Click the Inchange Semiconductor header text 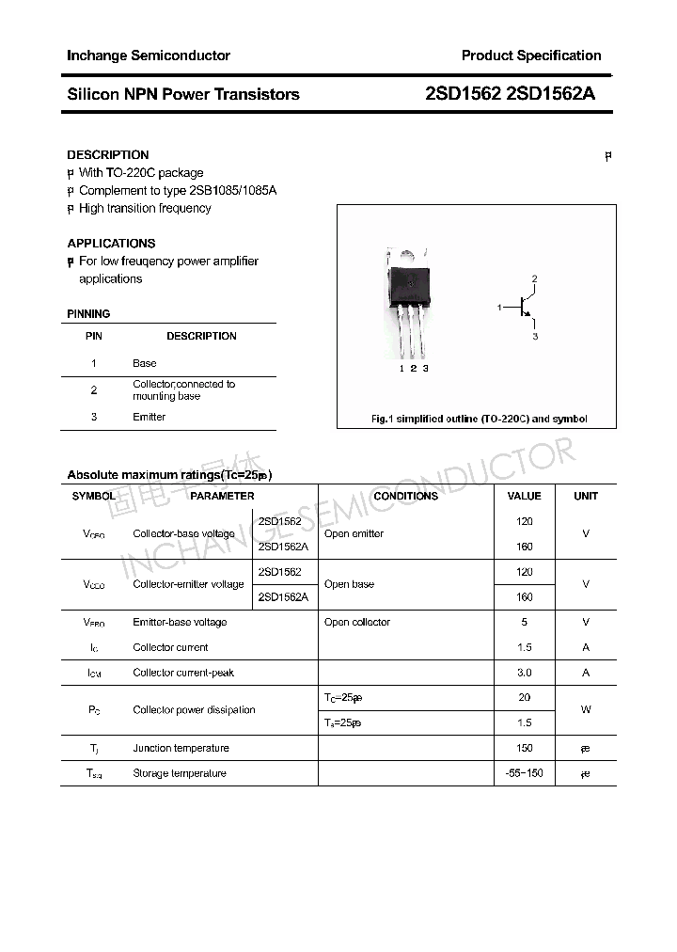[148, 56]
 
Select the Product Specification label [531, 56]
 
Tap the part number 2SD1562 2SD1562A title [510, 94]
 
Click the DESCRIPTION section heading [108, 154]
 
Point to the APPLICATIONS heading [111, 243]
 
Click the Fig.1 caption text [479, 419]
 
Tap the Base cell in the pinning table [145, 363]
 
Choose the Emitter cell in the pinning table [149, 417]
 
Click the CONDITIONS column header [405, 496]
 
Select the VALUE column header [524, 496]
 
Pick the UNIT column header [586, 496]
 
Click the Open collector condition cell [356, 622]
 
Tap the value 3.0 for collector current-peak [524, 673]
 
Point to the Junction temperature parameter [181, 748]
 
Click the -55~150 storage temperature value [524, 773]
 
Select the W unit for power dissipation [586, 710]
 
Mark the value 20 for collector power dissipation [524, 697]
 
